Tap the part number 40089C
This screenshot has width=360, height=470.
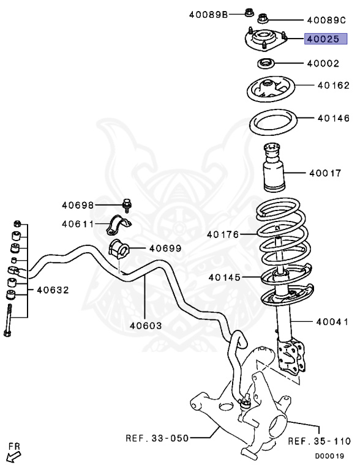pos(326,20)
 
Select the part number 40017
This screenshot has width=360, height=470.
pos(325,173)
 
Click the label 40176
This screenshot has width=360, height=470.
pos(223,234)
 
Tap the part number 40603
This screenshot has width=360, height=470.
pos(145,326)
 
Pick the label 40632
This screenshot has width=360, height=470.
pos(52,289)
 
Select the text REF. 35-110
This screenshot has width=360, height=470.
pos(319,441)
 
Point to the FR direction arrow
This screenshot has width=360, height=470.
pos(12,454)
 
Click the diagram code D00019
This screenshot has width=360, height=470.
pos(329,456)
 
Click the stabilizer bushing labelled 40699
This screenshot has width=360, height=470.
pos(119,249)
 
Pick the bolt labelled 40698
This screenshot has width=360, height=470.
pos(127,204)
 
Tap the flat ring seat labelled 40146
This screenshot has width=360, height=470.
pos(272,124)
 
